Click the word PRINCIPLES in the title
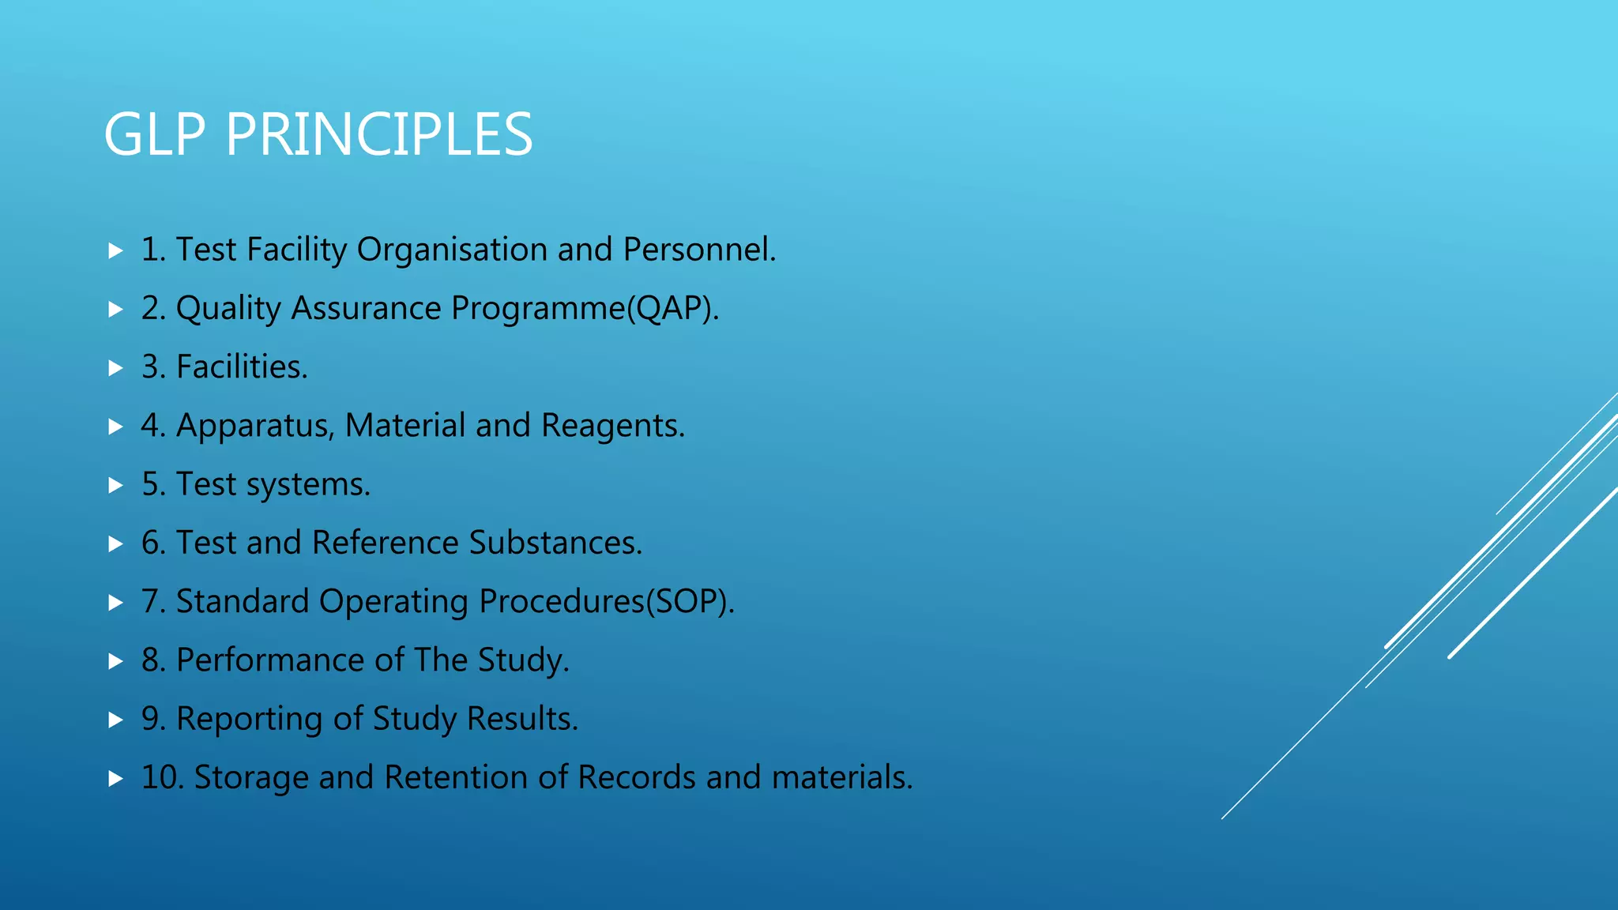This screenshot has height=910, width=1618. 379,134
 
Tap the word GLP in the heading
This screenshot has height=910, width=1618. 155,134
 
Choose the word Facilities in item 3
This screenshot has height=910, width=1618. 240,367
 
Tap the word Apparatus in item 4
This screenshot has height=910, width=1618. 254,427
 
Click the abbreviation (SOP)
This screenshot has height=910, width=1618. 689,602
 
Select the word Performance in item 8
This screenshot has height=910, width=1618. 270,660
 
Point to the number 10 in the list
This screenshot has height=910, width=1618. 161,777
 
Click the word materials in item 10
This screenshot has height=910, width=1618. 839,777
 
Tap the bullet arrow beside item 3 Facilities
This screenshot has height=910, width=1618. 115,368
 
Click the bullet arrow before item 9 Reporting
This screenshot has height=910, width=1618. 115,720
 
